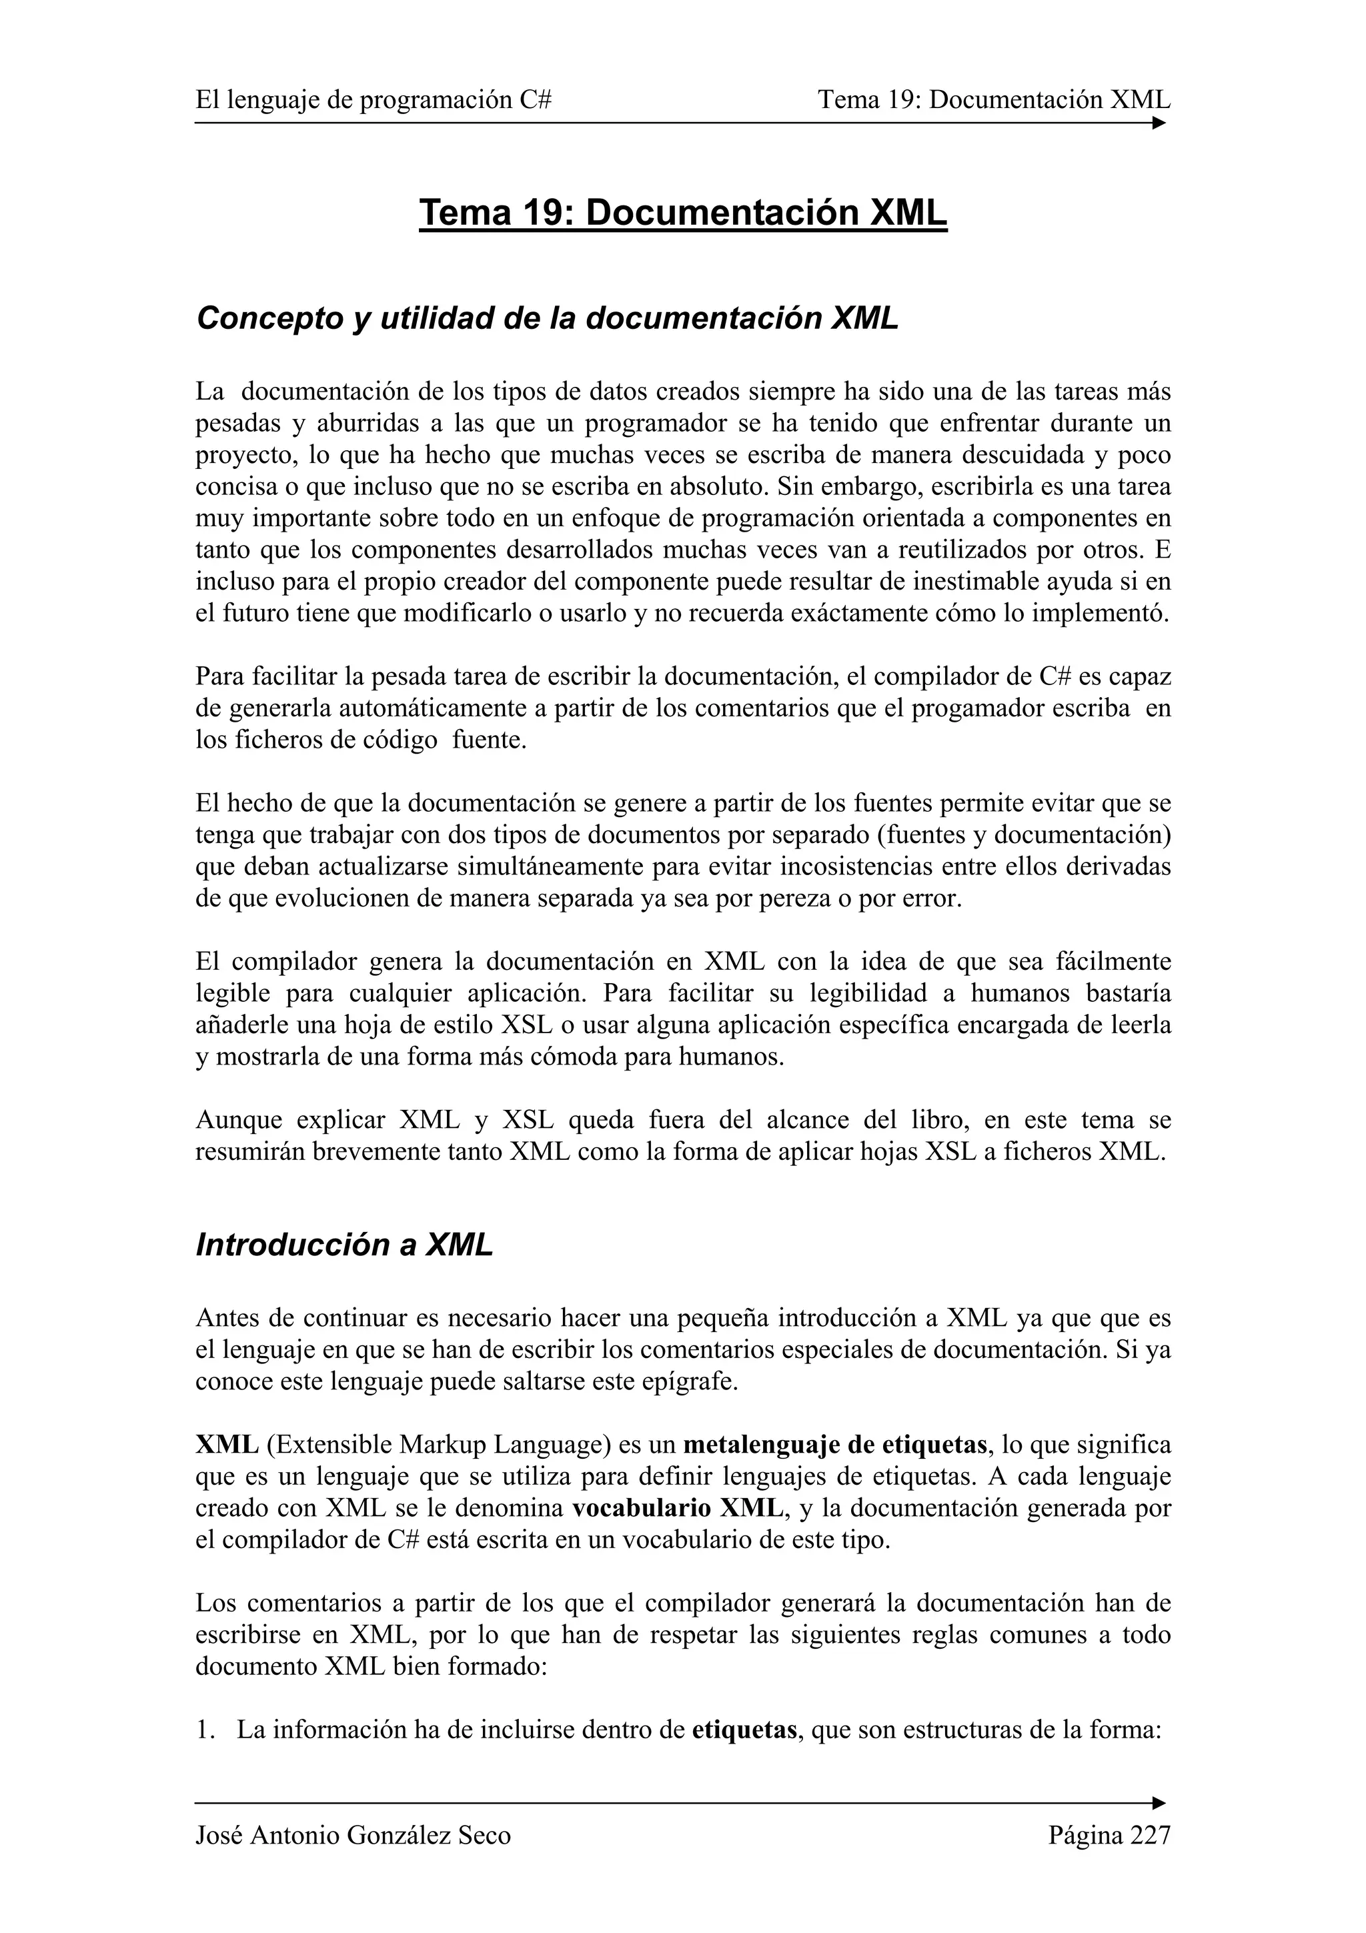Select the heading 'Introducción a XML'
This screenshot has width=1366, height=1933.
tap(344, 1245)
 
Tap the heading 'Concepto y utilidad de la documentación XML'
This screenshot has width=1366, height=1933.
tap(547, 318)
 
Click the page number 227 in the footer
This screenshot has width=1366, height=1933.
tap(1150, 1836)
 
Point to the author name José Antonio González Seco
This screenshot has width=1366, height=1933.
tap(353, 1836)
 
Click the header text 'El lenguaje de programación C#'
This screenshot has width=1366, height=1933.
tap(374, 100)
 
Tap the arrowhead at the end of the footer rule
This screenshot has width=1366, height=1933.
tap(1159, 1804)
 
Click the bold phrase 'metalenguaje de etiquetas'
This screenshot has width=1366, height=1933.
tap(835, 1445)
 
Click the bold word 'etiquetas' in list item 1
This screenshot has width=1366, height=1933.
tap(744, 1730)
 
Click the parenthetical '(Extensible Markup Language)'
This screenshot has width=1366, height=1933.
tap(438, 1445)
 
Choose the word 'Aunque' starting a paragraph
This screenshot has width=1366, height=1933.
tap(235, 1120)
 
